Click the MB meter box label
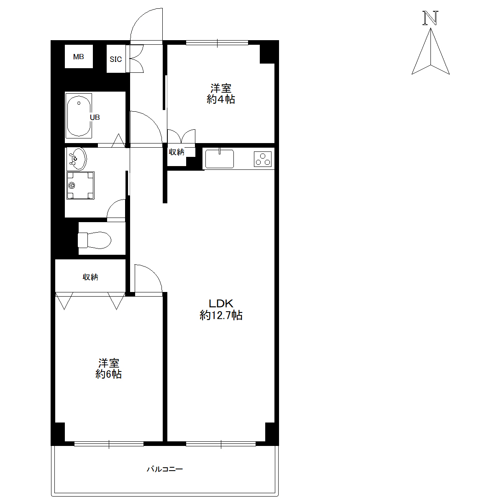(78, 56)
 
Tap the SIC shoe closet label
(115, 59)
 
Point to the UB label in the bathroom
(95, 117)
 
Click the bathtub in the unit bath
(79, 116)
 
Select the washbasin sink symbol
(77, 159)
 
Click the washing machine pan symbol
(80, 185)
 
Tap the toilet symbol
(94, 240)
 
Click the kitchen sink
(219, 159)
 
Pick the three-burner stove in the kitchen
(263, 159)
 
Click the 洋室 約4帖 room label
(221, 94)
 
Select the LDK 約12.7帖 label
(221, 310)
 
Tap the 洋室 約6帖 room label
(108, 369)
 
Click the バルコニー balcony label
(165, 469)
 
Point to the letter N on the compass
(430, 18)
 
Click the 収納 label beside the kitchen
(177, 152)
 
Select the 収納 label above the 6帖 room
(90, 277)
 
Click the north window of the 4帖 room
(217, 43)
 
